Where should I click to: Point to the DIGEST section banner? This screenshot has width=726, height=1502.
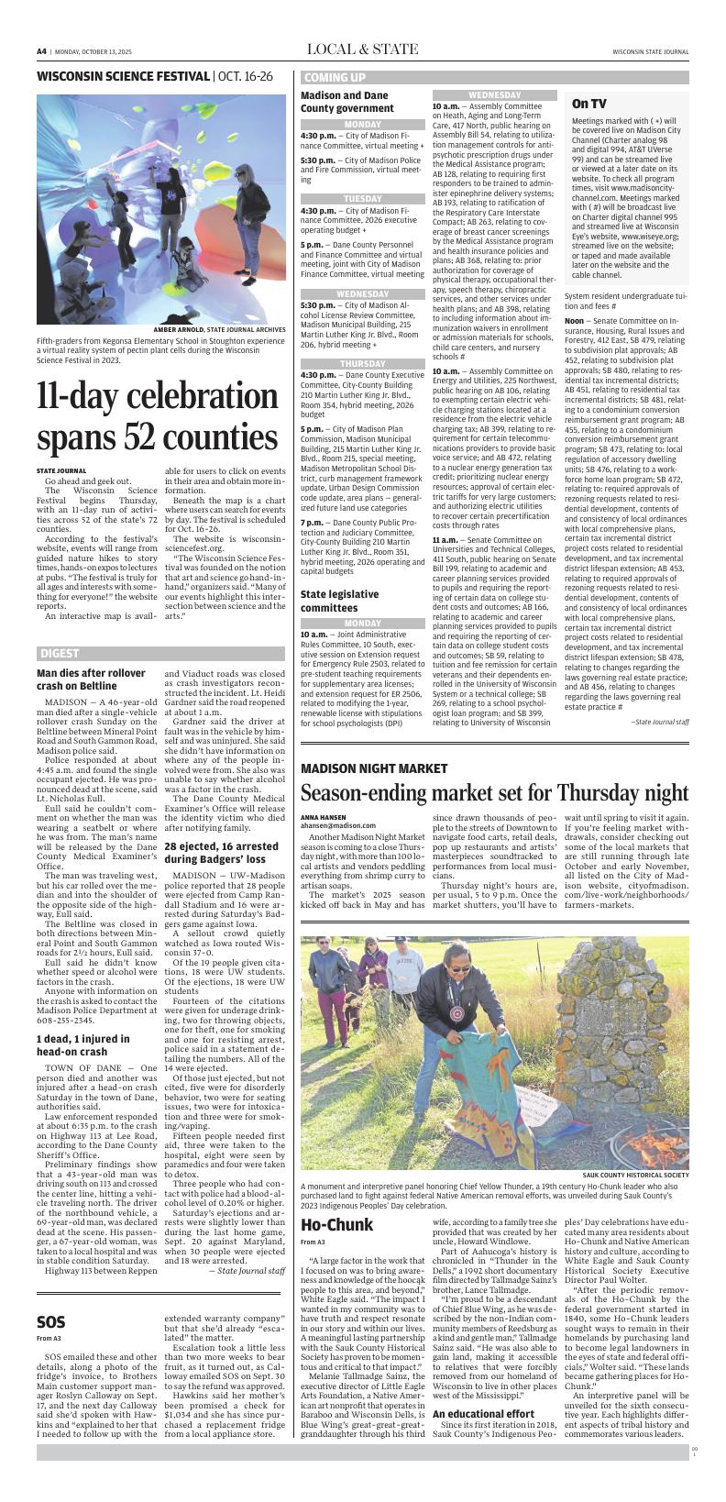(x=60, y=654)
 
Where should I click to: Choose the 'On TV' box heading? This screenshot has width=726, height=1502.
(x=588, y=104)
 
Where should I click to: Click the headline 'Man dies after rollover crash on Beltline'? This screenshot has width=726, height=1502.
(x=91, y=679)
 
